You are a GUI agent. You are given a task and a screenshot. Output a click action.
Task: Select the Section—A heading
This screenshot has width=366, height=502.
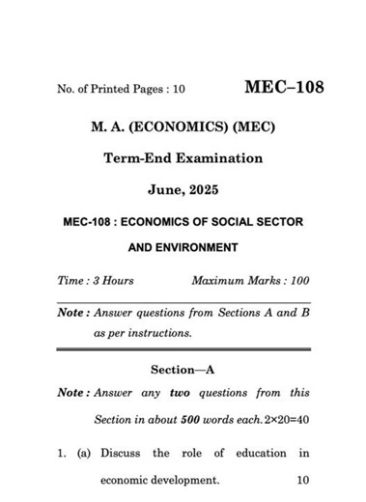click(183, 370)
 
